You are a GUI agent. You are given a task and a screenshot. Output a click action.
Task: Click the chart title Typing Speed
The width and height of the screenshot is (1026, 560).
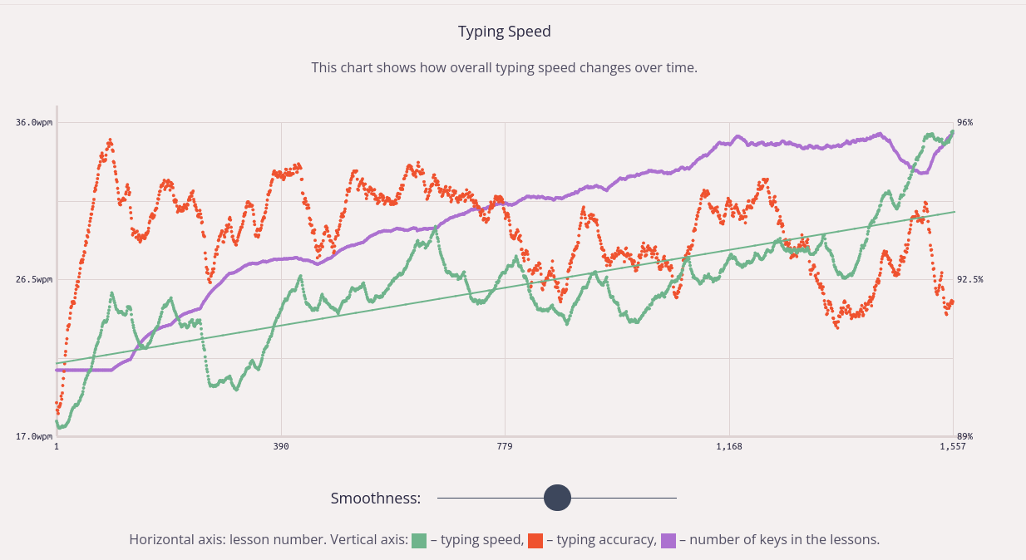tap(504, 32)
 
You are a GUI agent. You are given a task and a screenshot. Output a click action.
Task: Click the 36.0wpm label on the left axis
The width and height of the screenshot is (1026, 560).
tap(33, 123)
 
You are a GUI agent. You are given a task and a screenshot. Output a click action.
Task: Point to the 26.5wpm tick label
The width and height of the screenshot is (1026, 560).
tap(33, 280)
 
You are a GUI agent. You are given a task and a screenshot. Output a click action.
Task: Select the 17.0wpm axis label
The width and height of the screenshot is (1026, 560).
tap(33, 436)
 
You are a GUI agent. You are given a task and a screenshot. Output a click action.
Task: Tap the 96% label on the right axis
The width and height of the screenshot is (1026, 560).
tap(965, 123)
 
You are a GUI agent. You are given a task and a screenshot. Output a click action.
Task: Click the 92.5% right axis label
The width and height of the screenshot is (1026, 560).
tap(969, 280)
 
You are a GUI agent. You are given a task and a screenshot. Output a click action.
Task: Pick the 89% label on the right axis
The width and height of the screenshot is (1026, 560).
tap(965, 436)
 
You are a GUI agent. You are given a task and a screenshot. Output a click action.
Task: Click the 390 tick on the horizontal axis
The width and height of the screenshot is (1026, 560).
tap(281, 447)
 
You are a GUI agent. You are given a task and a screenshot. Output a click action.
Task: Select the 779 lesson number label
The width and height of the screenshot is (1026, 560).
tap(505, 447)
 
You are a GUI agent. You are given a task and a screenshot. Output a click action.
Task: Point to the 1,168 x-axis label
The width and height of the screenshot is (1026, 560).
tap(729, 447)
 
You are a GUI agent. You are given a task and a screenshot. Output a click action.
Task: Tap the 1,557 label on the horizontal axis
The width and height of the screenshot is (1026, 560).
tap(953, 447)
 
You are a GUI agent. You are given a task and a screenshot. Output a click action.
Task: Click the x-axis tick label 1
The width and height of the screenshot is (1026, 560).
tap(57, 447)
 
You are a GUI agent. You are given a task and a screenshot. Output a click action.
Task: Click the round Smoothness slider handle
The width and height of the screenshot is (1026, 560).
tap(557, 498)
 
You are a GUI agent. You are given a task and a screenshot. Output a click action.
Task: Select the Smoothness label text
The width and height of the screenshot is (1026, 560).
tap(375, 499)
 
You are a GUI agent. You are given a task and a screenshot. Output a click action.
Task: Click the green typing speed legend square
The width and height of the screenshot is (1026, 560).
tap(419, 540)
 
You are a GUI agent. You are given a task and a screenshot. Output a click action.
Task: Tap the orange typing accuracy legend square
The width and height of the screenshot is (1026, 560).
tap(535, 540)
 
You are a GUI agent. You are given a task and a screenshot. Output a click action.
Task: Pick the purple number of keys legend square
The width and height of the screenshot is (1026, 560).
tap(668, 540)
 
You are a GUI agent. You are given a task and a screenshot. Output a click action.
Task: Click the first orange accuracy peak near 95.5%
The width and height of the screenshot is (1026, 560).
tap(110, 140)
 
